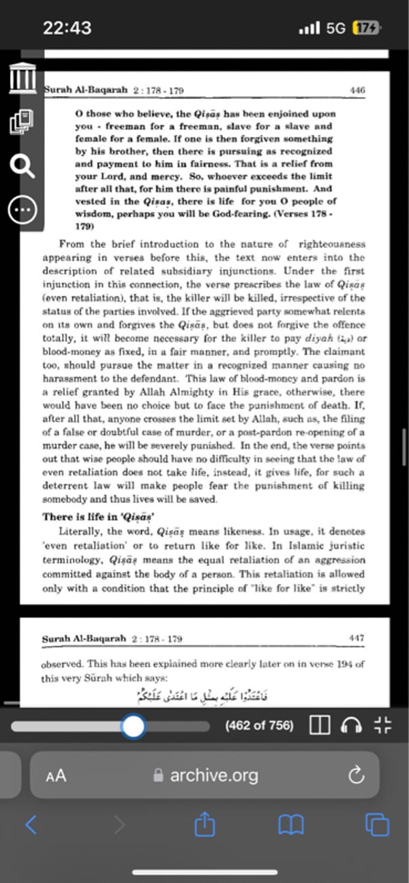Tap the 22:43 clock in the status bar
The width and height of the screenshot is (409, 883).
pos(67,28)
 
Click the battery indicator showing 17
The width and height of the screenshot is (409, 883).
pos(366,29)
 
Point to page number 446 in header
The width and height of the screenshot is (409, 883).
pos(357,90)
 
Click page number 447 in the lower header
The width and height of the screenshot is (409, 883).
pos(357,639)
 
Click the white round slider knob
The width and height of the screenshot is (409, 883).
pos(134,726)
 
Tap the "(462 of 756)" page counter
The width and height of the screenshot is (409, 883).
pos(259,726)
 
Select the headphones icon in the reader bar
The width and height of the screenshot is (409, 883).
pos(351,726)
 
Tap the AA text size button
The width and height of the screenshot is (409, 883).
pos(56,775)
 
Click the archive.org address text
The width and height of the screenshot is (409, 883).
pos(213,775)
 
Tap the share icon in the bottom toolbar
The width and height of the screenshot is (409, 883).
pos(204,826)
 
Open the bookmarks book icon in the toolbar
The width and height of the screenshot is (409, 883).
pos(291,826)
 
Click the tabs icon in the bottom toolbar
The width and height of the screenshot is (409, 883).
pos(377,826)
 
